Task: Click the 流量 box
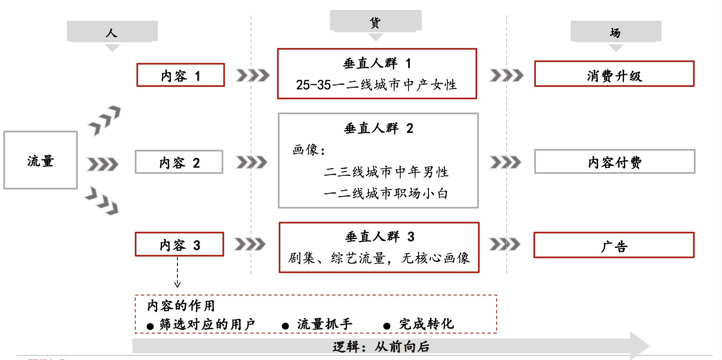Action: coord(41,160)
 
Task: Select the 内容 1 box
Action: coord(181,75)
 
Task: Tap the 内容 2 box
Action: coord(179,162)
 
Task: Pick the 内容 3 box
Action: coord(179,244)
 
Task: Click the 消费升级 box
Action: coord(614,74)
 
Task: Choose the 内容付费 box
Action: coord(614,161)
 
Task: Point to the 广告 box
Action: coord(614,245)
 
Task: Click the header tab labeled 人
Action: coord(112,31)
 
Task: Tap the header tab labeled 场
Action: coord(616,31)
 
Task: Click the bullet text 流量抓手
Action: coord(325,324)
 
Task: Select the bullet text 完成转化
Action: coord(426,324)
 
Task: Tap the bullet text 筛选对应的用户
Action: coord(207,324)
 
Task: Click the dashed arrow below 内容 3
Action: coord(177,272)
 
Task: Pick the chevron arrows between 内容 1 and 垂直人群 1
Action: coord(252,75)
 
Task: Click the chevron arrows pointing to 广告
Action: coord(504,244)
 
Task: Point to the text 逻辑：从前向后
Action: coord(381,346)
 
